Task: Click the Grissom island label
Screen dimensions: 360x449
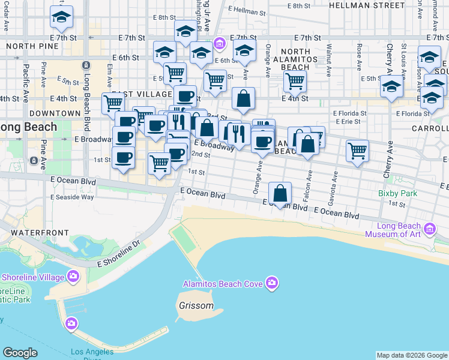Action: tap(196, 305)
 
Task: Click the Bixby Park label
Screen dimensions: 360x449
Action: tap(397, 194)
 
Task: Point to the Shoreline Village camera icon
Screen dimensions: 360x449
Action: tap(73, 277)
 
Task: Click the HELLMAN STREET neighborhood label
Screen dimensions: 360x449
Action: tap(367, 5)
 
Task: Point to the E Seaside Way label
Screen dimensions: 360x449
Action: tap(72, 197)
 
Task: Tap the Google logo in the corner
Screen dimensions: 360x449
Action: tap(20, 353)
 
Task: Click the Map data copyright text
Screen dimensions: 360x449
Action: tap(412, 355)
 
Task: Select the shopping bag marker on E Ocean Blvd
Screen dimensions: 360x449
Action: tap(280, 193)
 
